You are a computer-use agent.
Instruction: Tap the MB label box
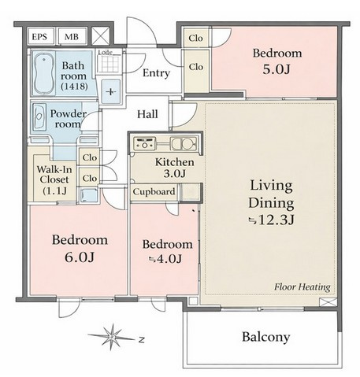[x=72, y=36]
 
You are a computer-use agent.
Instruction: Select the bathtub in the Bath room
[x=43, y=73]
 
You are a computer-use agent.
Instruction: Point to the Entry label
[x=156, y=73]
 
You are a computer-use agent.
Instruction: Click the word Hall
[x=147, y=114]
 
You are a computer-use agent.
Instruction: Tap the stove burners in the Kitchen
[x=143, y=143]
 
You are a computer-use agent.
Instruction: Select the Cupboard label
[x=154, y=191]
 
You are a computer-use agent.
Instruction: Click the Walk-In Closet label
[x=54, y=180]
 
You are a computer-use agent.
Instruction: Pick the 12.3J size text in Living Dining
[x=272, y=220]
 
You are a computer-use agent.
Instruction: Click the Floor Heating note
[x=302, y=287]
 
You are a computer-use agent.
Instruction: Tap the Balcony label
[x=265, y=337]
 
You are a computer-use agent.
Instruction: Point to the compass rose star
[x=112, y=337]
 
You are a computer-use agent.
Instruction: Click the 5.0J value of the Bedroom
[x=276, y=69]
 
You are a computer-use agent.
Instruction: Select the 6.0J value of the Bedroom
[x=80, y=257]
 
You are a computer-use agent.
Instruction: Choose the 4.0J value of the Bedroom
[x=165, y=259]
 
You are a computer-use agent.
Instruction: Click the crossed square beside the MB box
[x=101, y=35]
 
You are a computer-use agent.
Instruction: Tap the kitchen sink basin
[x=184, y=144]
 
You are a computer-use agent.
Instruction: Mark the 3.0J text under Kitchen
[x=174, y=173]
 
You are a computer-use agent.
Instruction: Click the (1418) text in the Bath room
[x=74, y=86]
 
